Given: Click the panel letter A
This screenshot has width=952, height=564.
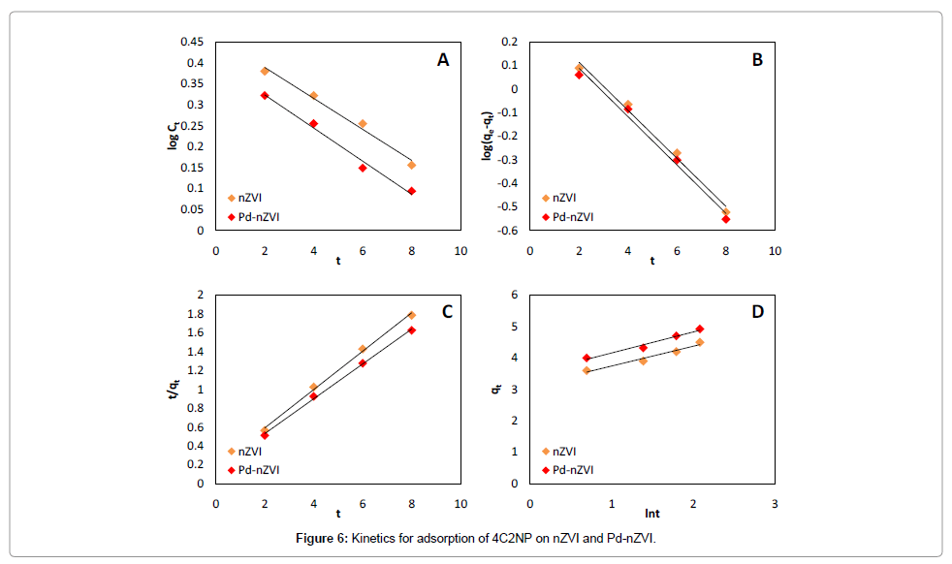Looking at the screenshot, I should [x=443, y=60].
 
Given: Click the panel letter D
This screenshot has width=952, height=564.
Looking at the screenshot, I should [x=757, y=312].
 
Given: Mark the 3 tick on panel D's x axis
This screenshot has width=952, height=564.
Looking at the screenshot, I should [x=775, y=504].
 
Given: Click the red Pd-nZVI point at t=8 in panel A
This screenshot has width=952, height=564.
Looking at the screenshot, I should [x=412, y=191].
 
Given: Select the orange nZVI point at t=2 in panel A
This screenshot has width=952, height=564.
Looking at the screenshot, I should [x=265, y=71].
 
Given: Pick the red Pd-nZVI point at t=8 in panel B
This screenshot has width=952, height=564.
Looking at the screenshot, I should [x=725, y=219].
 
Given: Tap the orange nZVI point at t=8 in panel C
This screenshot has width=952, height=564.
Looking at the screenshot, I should [x=412, y=315].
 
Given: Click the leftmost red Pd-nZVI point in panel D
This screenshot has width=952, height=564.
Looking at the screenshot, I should [x=587, y=358].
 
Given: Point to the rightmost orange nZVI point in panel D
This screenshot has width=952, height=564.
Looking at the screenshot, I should [x=700, y=342].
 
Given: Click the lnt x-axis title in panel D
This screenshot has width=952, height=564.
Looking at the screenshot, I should [x=652, y=515].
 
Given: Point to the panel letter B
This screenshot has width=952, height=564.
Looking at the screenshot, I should [x=757, y=60].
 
